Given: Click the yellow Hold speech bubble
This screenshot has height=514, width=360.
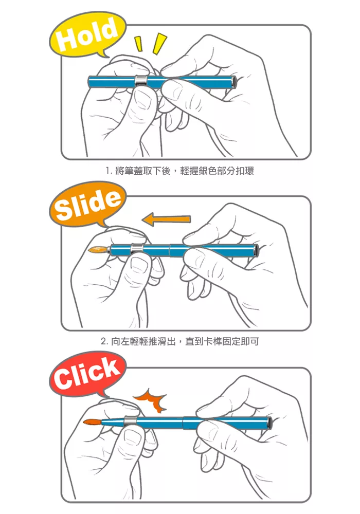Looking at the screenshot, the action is tap(87, 35).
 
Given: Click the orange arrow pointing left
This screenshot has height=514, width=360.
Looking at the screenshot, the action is tap(167, 219).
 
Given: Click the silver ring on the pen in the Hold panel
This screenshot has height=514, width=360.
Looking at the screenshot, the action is tap(140, 81).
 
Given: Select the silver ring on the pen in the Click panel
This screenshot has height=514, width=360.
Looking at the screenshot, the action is tap(130, 420).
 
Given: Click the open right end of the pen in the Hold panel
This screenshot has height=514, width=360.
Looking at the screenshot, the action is tap(234, 82).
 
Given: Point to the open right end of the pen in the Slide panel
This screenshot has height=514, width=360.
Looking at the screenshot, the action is tap(256, 250).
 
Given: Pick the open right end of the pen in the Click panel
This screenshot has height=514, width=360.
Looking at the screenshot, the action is tap(270, 423).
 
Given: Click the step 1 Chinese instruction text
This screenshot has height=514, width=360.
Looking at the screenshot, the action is tap(179, 171).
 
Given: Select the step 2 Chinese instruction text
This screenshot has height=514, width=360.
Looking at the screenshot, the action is tap(179, 342).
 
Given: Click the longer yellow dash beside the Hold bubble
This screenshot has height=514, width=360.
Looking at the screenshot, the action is tap(159, 43).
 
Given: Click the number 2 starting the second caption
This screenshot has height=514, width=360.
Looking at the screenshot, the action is tap(103, 342).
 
